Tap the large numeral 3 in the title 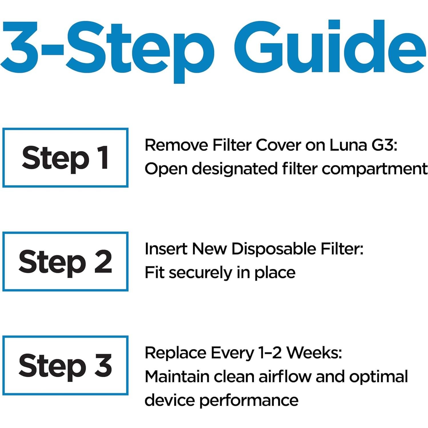coord(20,47)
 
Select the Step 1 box coord(65,158)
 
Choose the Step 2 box coord(65,261)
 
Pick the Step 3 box coord(65,365)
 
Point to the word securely coord(200,273)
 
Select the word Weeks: coord(314,353)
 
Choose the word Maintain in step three coord(177,377)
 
